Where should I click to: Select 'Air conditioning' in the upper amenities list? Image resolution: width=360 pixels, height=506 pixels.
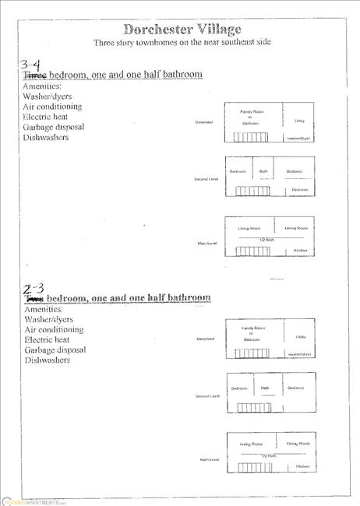tap(52, 107)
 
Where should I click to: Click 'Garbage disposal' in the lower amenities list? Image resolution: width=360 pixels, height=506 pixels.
tap(54, 350)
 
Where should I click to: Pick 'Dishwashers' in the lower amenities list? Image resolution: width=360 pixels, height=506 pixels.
tap(46, 360)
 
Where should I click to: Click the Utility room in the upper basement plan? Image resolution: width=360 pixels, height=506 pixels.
tap(298, 121)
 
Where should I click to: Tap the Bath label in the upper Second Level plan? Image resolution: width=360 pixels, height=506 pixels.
tap(263, 171)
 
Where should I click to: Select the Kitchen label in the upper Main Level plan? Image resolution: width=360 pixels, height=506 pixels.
tap(300, 251)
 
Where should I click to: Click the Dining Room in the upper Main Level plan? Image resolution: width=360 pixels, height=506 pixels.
tap(296, 228)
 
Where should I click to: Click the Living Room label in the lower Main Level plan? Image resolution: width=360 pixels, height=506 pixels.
tap(250, 443)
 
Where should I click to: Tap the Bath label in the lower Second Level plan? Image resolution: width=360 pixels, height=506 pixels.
tap(264, 388)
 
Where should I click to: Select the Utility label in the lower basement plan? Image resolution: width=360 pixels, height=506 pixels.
tap(299, 337)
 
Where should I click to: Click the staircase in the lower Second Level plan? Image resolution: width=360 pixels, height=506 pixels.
tap(252, 407)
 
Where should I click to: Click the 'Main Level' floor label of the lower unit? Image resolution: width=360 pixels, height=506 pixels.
tap(209, 460)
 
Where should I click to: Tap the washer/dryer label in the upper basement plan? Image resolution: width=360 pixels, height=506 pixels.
tap(298, 138)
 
